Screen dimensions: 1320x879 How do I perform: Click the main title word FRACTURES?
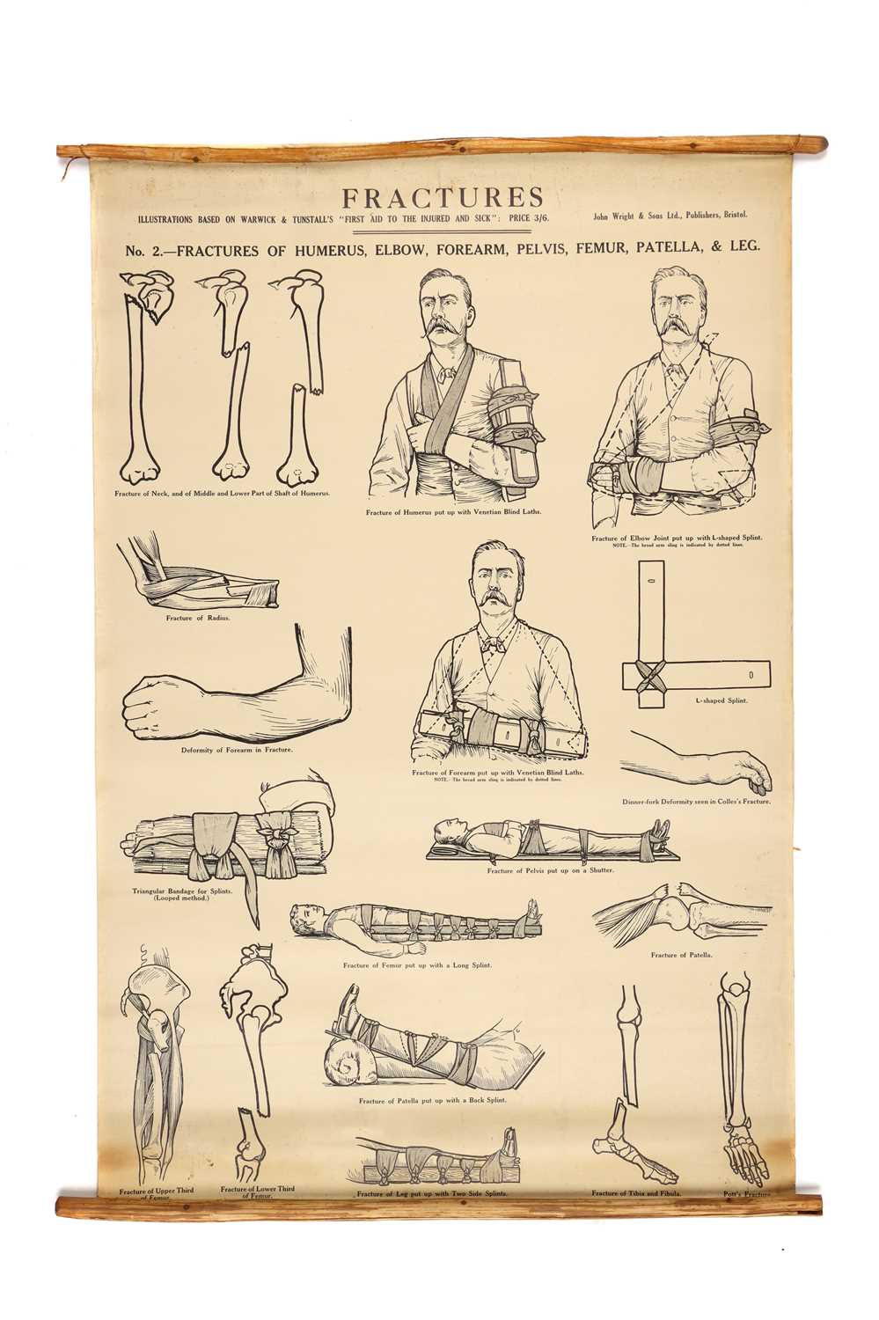[x=443, y=198]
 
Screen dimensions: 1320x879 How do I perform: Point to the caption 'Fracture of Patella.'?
[x=681, y=955]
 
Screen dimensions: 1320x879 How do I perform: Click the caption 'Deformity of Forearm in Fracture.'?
[x=237, y=750]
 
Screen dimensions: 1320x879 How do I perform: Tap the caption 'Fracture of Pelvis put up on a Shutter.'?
[x=550, y=870]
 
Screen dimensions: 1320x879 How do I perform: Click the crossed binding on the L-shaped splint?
[x=651, y=675]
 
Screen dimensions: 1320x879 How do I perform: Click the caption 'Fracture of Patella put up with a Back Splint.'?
[x=432, y=1100]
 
